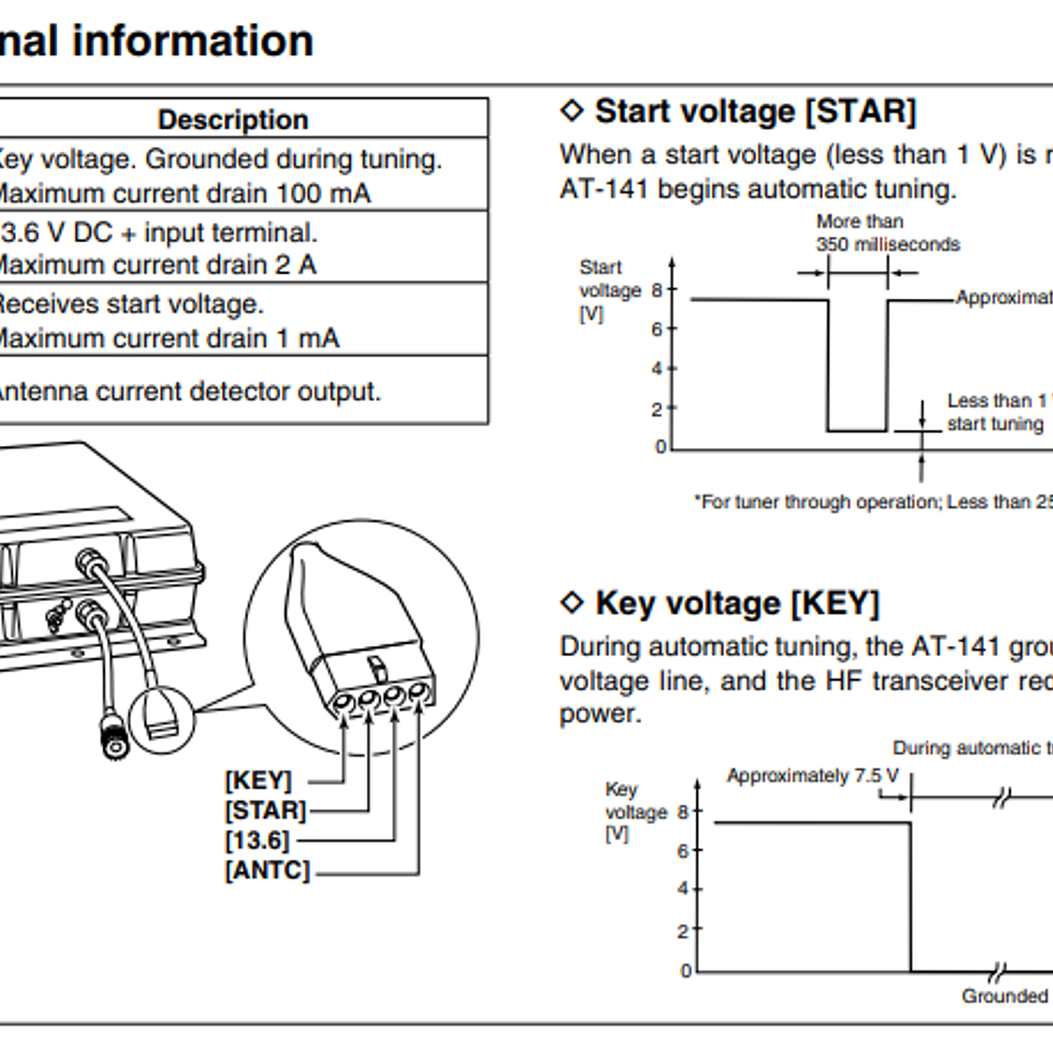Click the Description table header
click(x=233, y=119)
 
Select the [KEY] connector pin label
click(x=258, y=781)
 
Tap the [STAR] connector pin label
click(x=265, y=811)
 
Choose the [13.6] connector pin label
click(x=257, y=841)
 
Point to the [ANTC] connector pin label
click(x=267, y=871)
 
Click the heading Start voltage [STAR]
click(x=755, y=111)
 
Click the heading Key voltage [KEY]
click(x=737, y=603)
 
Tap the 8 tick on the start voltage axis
click(x=657, y=291)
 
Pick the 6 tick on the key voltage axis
click(x=682, y=851)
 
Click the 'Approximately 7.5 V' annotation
click(x=812, y=776)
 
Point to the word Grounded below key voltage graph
click(x=1005, y=996)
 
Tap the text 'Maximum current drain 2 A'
click(x=157, y=264)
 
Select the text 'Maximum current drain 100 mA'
click(x=183, y=193)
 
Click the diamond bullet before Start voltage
click(x=572, y=111)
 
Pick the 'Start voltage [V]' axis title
click(x=609, y=291)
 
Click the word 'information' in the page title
click(x=193, y=40)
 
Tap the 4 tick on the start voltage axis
click(x=657, y=368)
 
